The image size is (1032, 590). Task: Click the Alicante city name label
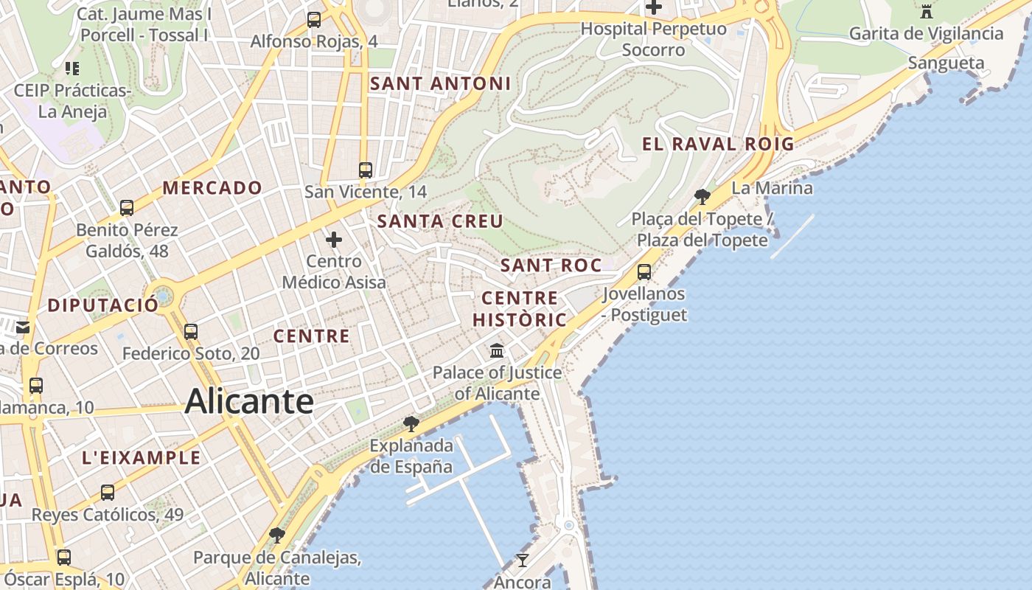pyautogui.click(x=249, y=402)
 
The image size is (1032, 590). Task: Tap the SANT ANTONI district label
pyautogui.click(x=440, y=83)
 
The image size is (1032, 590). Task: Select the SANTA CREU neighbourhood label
pyautogui.click(x=440, y=221)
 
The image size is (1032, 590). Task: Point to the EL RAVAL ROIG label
pyautogui.click(x=718, y=144)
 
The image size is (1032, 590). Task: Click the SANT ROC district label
pyautogui.click(x=551, y=265)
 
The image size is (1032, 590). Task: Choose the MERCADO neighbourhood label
pyautogui.click(x=212, y=188)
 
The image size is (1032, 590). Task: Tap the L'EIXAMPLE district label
pyautogui.click(x=141, y=457)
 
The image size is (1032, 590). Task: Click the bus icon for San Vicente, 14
pyautogui.click(x=365, y=170)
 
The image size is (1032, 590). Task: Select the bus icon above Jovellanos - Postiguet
pyautogui.click(x=644, y=271)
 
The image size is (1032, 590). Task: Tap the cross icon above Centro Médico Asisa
pyautogui.click(x=334, y=239)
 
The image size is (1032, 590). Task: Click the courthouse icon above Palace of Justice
pyautogui.click(x=497, y=350)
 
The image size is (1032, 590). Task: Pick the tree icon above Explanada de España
pyautogui.click(x=411, y=423)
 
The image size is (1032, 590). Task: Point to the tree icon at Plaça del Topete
pyautogui.click(x=702, y=196)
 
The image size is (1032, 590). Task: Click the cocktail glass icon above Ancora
pyautogui.click(x=522, y=560)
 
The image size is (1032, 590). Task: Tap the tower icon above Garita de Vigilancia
pyautogui.click(x=927, y=11)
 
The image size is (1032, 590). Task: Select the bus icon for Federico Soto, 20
pyautogui.click(x=191, y=331)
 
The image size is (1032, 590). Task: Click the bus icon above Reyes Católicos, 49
pyautogui.click(x=108, y=492)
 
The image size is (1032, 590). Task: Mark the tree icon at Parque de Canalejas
pyautogui.click(x=277, y=535)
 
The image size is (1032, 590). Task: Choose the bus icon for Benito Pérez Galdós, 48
pyautogui.click(x=127, y=207)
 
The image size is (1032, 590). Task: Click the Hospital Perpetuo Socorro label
pyautogui.click(x=653, y=40)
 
